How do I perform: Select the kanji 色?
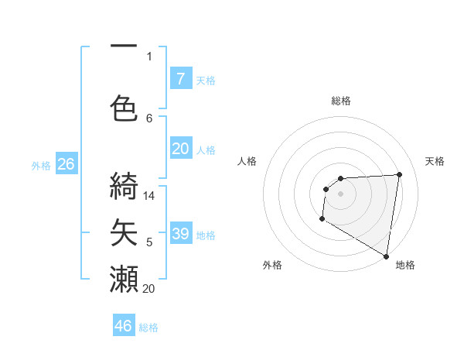(x=124, y=107)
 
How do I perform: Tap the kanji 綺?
(x=124, y=186)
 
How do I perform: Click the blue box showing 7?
(x=180, y=78)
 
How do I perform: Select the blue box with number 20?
(x=180, y=149)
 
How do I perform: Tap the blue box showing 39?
(x=180, y=234)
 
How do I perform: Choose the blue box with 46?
(x=124, y=325)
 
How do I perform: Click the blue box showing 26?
(x=66, y=164)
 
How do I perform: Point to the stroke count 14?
(x=149, y=196)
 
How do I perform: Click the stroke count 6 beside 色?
(x=149, y=118)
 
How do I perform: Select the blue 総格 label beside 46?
(x=148, y=328)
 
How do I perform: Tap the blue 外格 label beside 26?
(x=41, y=165)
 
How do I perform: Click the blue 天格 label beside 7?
(x=206, y=80)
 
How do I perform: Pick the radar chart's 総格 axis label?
(x=340, y=101)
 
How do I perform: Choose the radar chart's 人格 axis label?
(x=247, y=161)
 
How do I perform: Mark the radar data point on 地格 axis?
(x=386, y=256)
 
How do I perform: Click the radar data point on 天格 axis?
(x=400, y=174)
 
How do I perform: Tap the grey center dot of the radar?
(x=340, y=193)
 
